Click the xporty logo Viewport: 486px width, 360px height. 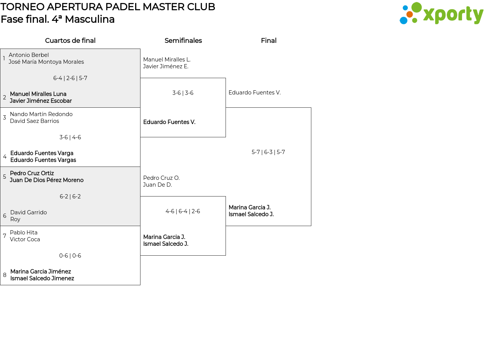[x=441, y=13]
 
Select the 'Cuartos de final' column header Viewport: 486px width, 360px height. [x=70, y=41]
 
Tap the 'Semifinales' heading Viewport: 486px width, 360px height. [x=183, y=41]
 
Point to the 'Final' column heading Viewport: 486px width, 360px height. [x=269, y=41]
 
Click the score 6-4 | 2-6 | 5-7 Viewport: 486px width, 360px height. [x=70, y=78]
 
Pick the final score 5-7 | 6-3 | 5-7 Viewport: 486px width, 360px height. [x=268, y=152]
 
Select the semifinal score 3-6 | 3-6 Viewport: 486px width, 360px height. [x=183, y=93]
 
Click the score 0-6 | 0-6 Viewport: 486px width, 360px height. [x=70, y=256]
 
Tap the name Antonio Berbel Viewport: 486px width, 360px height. [x=29, y=55]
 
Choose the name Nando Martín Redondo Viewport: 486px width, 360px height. [x=41, y=114]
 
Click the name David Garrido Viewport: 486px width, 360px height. [x=28, y=212]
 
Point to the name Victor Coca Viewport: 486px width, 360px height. [x=25, y=239]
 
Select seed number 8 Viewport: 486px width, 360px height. [x=5, y=275]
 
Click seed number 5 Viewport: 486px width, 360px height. [x=5, y=176]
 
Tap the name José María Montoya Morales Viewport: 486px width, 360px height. [x=46, y=62]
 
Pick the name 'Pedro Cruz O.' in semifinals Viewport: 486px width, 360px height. [x=161, y=178]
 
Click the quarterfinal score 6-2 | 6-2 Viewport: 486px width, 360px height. [x=70, y=197]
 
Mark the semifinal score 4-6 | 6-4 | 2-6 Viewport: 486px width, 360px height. [x=183, y=211]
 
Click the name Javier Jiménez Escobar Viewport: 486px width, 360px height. [x=41, y=101]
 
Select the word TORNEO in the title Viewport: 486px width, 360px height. [x=22, y=7]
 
